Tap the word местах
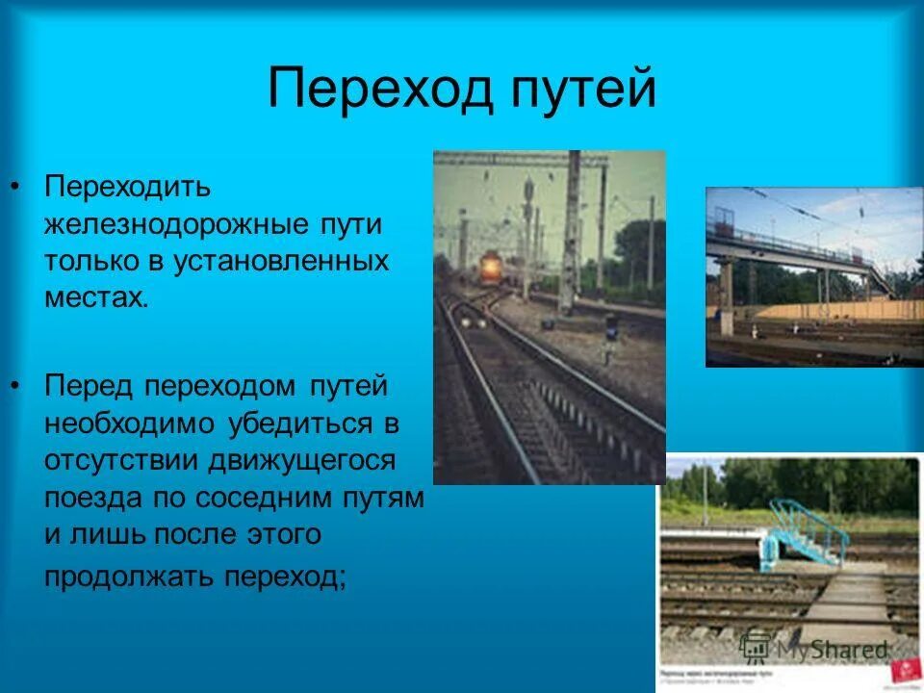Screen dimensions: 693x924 (x=95, y=298)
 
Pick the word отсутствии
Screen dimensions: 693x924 (x=119, y=460)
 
